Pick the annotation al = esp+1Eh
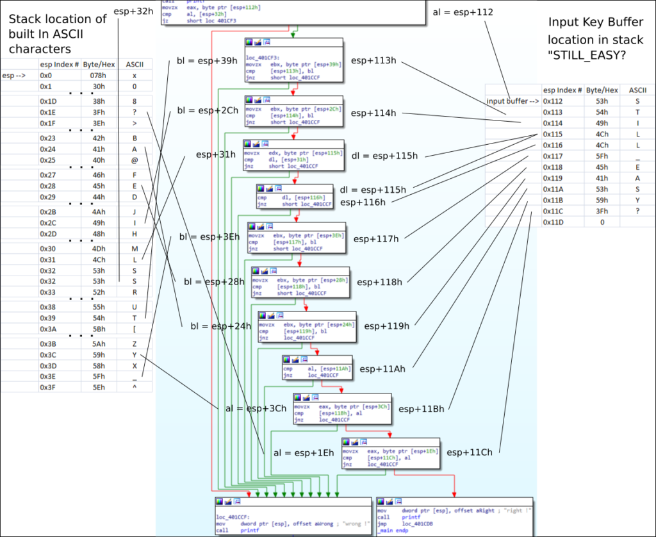pos(304,453)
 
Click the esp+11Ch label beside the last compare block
pos(470,452)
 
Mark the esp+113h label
pos(374,61)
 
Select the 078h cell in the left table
pos(98,75)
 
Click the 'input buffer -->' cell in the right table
pos(512,101)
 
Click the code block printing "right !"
pos(455,516)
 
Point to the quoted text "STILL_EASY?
pos(587,54)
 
